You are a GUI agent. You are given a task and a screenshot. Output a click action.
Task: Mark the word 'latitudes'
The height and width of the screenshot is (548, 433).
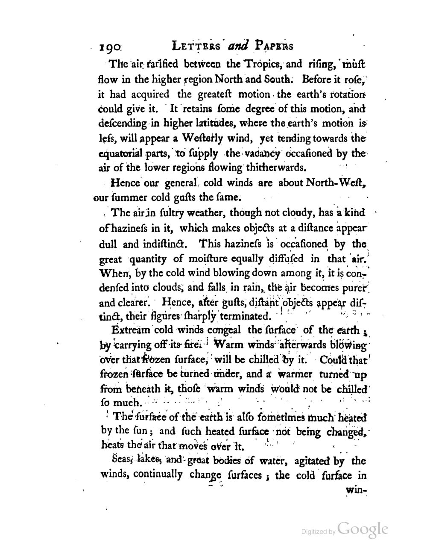coord(208,123)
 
